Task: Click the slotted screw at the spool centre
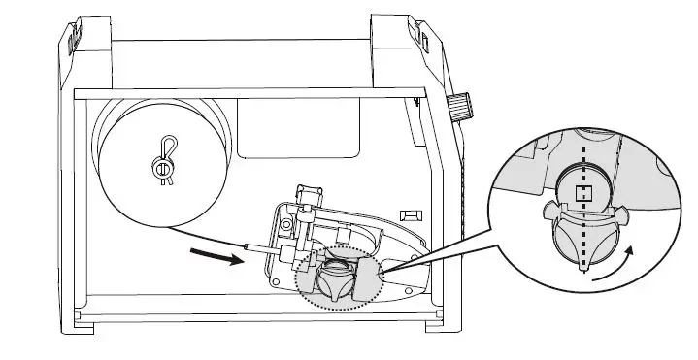click(x=162, y=169)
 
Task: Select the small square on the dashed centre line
click(x=583, y=193)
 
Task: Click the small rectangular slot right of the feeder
click(x=410, y=212)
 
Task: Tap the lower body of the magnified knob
click(x=583, y=238)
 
